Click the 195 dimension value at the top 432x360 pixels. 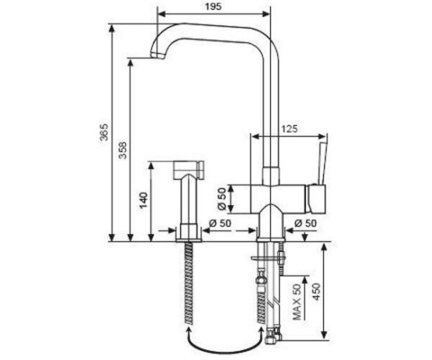tap(213, 6)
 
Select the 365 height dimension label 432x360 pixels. tap(104, 132)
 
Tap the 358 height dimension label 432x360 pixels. tap(123, 150)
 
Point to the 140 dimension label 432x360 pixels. tap(143, 200)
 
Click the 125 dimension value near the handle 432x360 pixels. tap(290, 129)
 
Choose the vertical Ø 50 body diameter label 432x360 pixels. tap(221, 199)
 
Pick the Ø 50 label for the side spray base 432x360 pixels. tap(220, 223)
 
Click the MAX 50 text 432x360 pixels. tap(297, 302)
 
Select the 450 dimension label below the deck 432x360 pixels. tap(317, 292)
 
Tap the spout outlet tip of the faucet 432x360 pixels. tap(157, 55)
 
